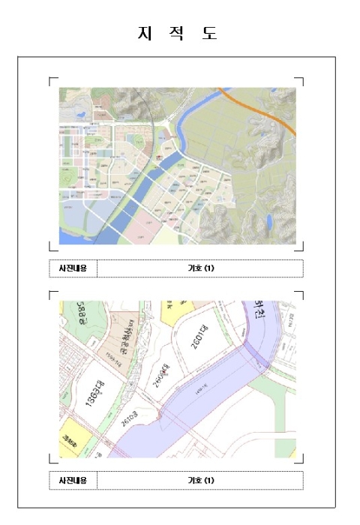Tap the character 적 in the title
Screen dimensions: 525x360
point(177,34)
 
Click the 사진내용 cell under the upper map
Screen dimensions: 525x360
point(73,268)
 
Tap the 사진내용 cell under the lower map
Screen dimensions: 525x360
point(73,480)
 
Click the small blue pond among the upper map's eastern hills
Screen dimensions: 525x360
point(268,221)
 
